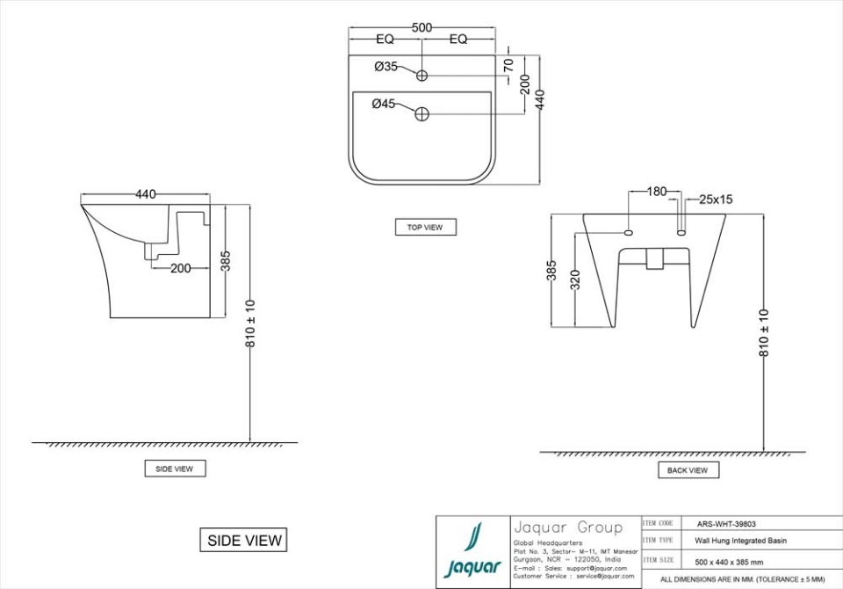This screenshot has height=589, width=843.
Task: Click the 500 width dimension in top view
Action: point(421,27)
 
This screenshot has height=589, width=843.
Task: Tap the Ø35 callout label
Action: point(385,66)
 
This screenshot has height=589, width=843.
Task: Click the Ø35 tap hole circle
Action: point(421,76)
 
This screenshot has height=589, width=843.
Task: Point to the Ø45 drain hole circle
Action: point(421,113)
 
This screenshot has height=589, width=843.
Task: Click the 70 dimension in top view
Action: point(508,65)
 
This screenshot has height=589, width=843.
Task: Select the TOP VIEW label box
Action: point(425,227)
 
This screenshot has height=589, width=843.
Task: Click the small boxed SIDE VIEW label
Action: point(175,469)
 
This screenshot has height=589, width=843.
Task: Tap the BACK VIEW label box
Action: point(688,470)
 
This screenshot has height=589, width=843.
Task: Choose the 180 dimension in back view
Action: point(657,191)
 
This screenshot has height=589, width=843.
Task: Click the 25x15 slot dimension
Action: point(716,200)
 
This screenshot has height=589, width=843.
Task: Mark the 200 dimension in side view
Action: point(180,269)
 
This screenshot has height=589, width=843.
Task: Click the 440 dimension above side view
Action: point(146,194)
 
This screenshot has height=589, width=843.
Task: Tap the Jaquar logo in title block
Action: point(472,551)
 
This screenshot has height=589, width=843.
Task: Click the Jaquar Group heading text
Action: point(567,527)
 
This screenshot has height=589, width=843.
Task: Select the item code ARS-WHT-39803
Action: point(725,524)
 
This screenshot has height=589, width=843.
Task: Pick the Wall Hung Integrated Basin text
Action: point(736,542)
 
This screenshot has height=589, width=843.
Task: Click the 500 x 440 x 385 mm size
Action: point(729,562)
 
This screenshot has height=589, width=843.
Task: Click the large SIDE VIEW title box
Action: point(244,540)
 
